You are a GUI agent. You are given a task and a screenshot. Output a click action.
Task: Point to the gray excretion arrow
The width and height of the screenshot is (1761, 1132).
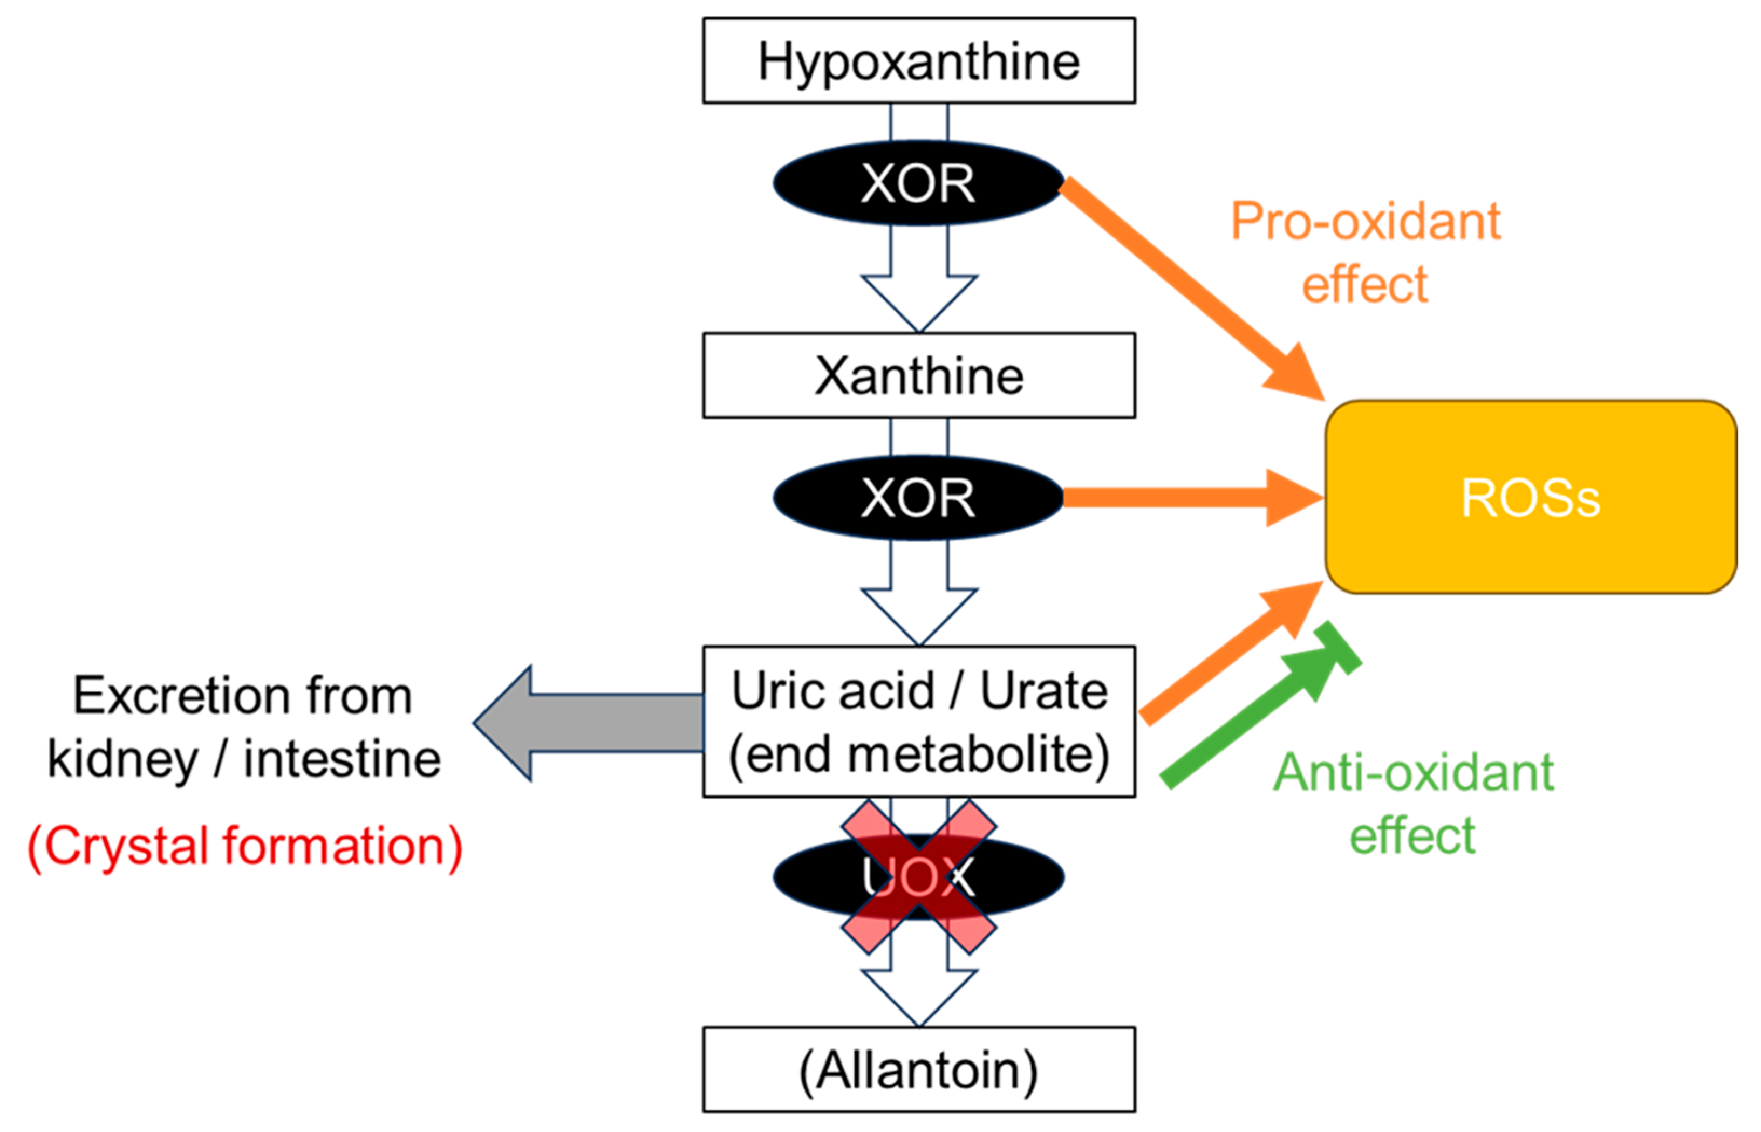pyautogui.click(x=588, y=723)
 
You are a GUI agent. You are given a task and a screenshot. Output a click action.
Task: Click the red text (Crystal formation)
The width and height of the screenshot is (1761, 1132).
pyautogui.click(x=245, y=846)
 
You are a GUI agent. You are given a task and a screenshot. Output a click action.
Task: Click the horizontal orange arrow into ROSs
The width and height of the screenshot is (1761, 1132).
pyautogui.click(x=1191, y=498)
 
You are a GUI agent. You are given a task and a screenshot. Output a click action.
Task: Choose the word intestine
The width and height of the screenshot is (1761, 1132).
pyautogui.click(x=342, y=759)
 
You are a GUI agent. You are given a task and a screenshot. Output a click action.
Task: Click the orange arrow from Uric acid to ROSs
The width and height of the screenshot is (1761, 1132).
pyautogui.click(x=1228, y=654)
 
